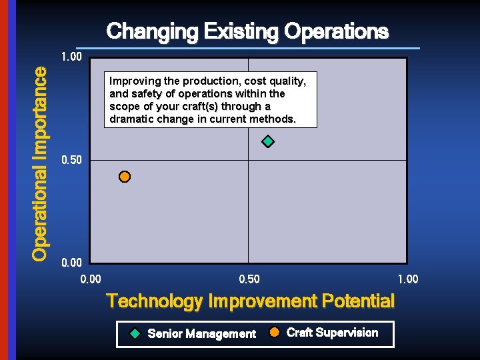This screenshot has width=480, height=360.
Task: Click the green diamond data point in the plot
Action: (x=268, y=141)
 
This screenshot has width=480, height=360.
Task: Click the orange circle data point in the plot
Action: (x=125, y=177)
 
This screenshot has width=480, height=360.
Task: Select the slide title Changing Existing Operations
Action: (x=247, y=31)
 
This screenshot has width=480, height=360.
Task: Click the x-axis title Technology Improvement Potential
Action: (x=251, y=301)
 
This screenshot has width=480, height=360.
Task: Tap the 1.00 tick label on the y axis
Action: (x=71, y=57)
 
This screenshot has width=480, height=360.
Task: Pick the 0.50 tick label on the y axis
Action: (x=71, y=161)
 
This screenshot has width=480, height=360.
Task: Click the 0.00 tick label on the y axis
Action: (x=71, y=263)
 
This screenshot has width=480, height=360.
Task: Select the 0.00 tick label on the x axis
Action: (x=91, y=279)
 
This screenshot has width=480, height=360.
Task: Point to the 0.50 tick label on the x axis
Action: (x=249, y=279)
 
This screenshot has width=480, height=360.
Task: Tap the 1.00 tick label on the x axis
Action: (x=407, y=279)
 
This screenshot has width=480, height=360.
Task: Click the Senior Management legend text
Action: (x=201, y=333)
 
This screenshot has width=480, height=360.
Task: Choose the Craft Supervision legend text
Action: (x=332, y=333)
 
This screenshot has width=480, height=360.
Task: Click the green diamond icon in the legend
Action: (x=135, y=333)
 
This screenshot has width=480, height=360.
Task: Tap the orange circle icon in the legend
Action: (x=274, y=333)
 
